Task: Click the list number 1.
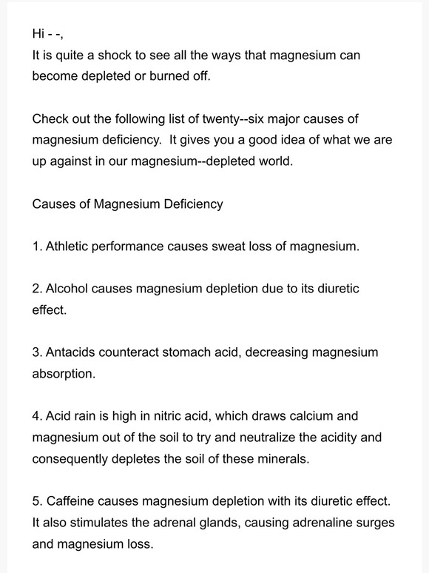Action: [37, 247]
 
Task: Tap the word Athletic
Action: [67, 247]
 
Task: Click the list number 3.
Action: [37, 352]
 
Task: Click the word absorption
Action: [63, 374]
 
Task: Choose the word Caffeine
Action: [72, 501]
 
